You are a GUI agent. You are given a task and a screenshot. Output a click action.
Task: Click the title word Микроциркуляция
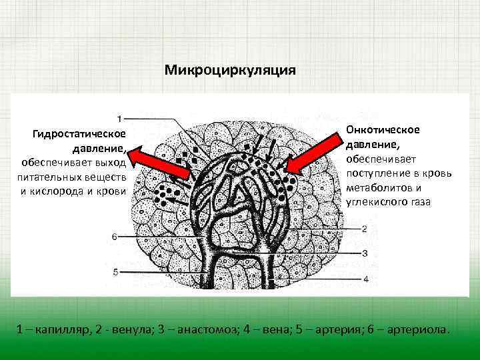tap(229, 70)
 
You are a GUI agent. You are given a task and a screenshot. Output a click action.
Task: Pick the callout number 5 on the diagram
tap(115, 272)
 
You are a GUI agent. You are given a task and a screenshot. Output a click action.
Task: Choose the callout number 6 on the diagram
tap(115, 236)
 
